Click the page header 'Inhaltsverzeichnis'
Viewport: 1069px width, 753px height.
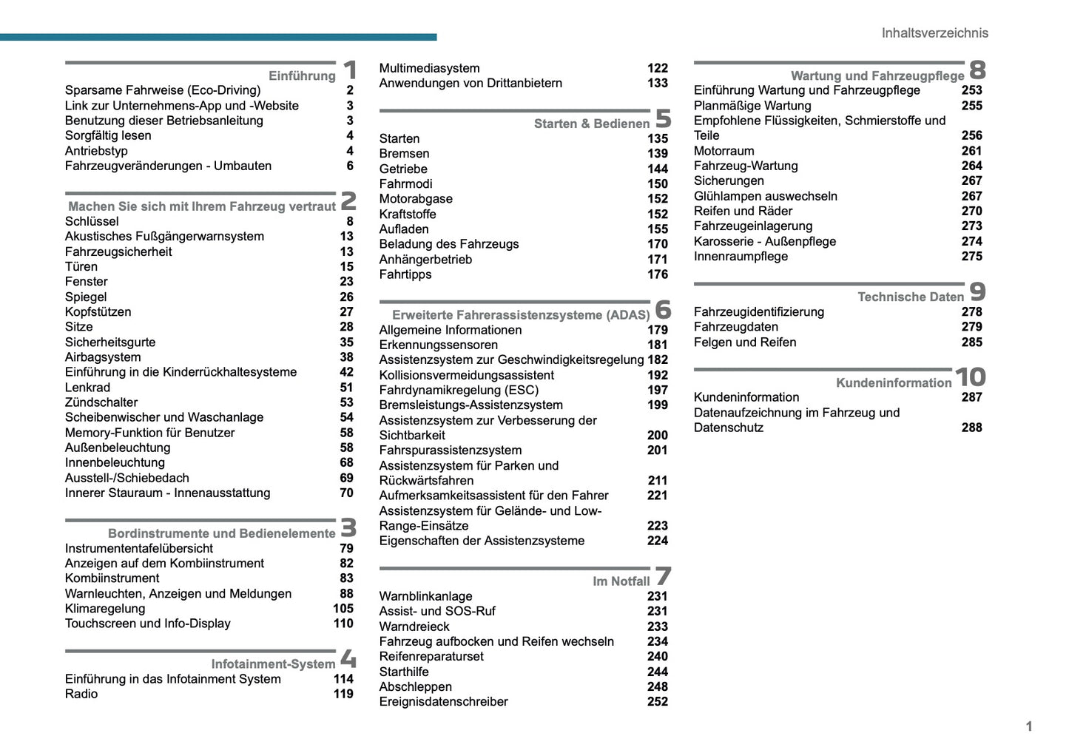pyautogui.click(x=934, y=33)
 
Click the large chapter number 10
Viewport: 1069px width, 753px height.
pyautogui.click(x=970, y=377)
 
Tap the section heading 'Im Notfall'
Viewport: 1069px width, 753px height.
pyautogui.click(x=621, y=581)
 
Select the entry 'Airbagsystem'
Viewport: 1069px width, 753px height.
pyautogui.click(x=103, y=357)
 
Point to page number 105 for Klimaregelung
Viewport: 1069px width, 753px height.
pyautogui.click(x=343, y=609)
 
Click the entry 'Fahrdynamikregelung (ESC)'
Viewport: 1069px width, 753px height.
pyautogui.click(x=459, y=390)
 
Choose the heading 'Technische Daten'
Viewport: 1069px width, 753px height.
pyautogui.click(x=911, y=297)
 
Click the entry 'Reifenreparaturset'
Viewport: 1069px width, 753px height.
pyautogui.click(x=431, y=656)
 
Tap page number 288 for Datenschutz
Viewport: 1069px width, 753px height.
pyautogui.click(x=971, y=428)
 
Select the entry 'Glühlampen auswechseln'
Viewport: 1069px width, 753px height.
pyautogui.click(x=766, y=196)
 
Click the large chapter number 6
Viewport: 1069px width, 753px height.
pyautogui.click(x=663, y=309)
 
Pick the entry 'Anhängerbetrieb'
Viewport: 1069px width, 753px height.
pyautogui.click(x=425, y=260)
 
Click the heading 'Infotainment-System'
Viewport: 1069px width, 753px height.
pyautogui.click(x=273, y=663)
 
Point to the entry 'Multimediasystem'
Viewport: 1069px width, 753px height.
pyautogui.click(x=429, y=68)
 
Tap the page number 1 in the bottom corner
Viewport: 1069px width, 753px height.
pyautogui.click(x=1028, y=726)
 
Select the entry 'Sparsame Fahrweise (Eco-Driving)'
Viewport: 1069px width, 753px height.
pyautogui.click(x=163, y=90)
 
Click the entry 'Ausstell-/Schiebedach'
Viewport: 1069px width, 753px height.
pyautogui.click(x=127, y=478)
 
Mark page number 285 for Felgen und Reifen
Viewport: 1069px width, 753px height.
pyautogui.click(x=971, y=342)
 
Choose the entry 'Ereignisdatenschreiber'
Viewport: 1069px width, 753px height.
pyautogui.click(x=443, y=702)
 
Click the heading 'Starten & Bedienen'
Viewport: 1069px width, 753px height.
pyautogui.click(x=592, y=124)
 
